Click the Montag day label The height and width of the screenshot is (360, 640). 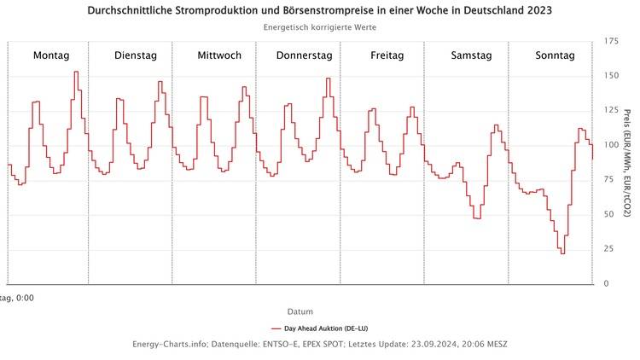click(x=51, y=55)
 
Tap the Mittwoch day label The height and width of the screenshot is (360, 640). click(x=219, y=55)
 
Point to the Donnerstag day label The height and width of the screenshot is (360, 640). click(x=304, y=55)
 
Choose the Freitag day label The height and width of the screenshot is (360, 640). click(x=387, y=55)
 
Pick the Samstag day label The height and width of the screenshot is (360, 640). click(x=471, y=55)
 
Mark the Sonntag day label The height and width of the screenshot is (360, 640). click(x=555, y=55)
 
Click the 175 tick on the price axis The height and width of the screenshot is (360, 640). click(x=611, y=41)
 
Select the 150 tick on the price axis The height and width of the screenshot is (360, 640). click(x=611, y=76)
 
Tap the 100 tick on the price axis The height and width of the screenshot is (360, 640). click(x=611, y=145)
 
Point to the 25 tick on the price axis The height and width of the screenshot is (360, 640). click(x=608, y=248)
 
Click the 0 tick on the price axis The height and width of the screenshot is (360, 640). click(x=606, y=283)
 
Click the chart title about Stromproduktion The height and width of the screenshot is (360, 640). click(x=319, y=11)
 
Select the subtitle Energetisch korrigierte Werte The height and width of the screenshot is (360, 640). click(x=319, y=27)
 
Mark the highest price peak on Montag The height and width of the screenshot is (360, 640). click(x=76, y=73)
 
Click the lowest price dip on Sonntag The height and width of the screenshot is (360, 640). click(x=562, y=253)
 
